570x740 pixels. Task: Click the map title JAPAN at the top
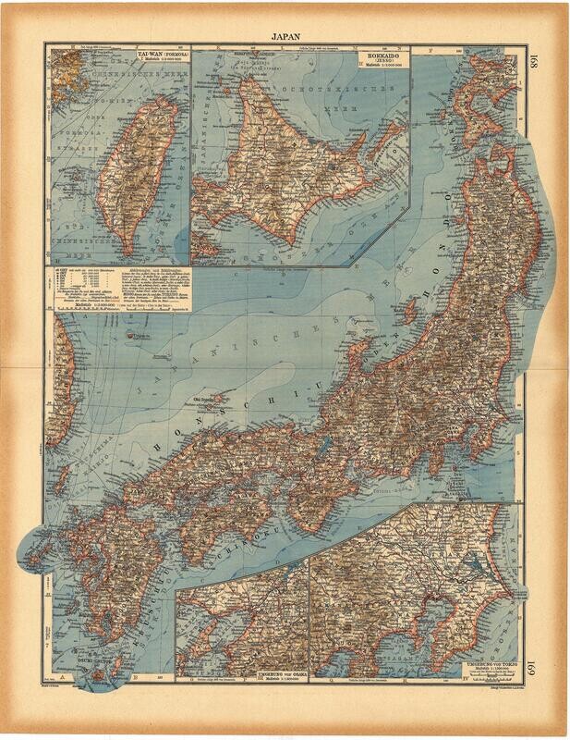tap(285, 36)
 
